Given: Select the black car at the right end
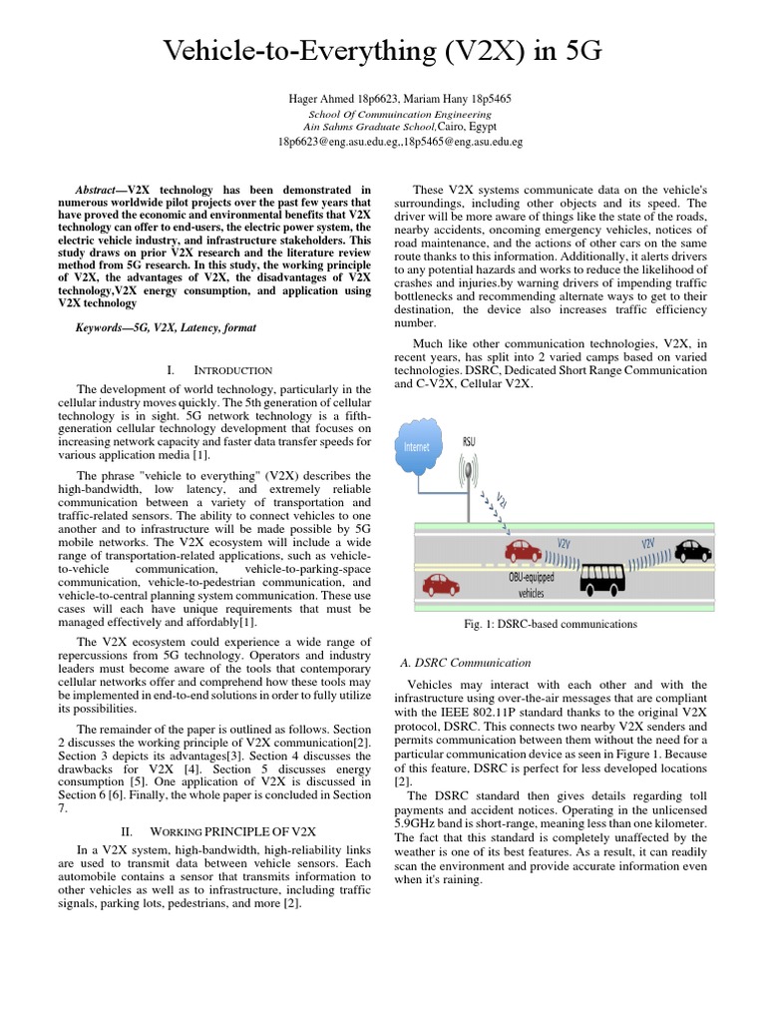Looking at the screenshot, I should [x=692, y=550].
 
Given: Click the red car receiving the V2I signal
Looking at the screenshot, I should [x=523, y=551].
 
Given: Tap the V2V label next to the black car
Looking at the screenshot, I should [x=648, y=543].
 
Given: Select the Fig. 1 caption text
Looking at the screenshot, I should [x=551, y=624].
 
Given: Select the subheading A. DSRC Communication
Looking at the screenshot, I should [x=465, y=662].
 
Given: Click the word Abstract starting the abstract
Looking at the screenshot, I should [x=100, y=189].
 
